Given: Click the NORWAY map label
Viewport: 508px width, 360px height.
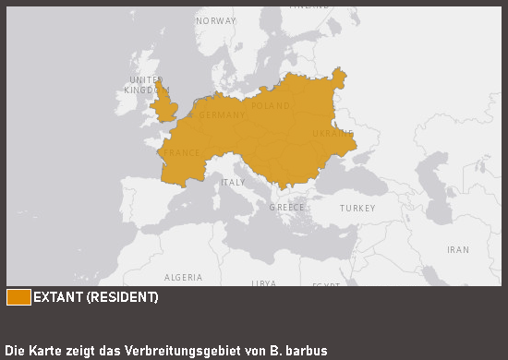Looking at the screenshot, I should click(216, 20).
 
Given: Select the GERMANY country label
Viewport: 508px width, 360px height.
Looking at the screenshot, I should click(222, 115).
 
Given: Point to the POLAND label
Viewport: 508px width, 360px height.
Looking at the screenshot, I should click(271, 106).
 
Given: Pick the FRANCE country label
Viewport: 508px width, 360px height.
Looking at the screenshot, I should click(180, 153).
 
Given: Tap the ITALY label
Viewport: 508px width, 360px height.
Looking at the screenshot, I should click(232, 183).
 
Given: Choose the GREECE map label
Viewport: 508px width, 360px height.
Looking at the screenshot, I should click(286, 208).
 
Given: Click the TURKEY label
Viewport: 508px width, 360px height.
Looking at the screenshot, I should click(357, 209).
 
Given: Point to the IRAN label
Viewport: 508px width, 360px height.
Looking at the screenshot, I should click(458, 250).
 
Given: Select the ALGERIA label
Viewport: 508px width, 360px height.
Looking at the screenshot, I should click(183, 277).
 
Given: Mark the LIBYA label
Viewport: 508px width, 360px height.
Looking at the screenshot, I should click(264, 282).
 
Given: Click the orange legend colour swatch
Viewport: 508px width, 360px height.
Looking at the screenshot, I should click(18, 297).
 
